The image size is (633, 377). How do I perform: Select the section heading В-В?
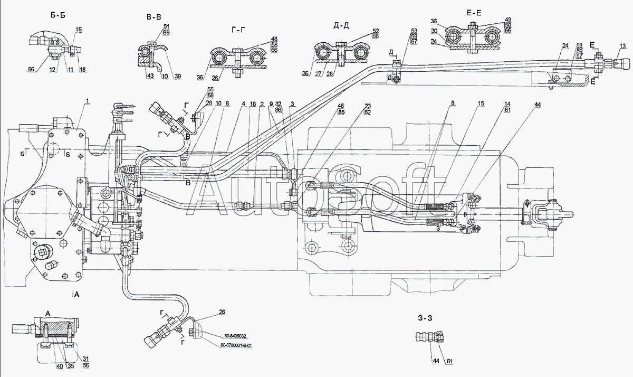pyautogui.click(x=154, y=17)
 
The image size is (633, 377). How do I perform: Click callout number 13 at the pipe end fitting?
pyautogui.click(x=622, y=46)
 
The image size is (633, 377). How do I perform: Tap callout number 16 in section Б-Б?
pyautogui.click(x=79, y=31)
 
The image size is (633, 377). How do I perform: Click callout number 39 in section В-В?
pyautogui.click(x=177, y=77)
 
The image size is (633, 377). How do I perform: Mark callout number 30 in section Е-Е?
pyautogui.click(x=434, y=31)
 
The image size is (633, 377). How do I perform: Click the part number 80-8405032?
pyautogui.click(x=235, y=336)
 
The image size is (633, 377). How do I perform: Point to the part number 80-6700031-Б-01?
pyautogui.click(x=238, y=346)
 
